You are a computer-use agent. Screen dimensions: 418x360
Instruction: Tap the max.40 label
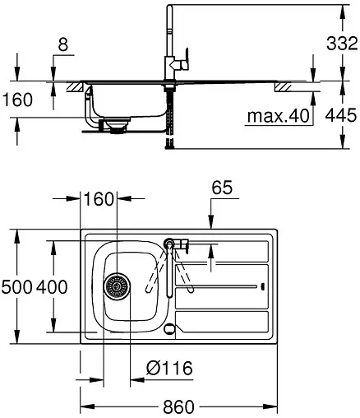pyautogui.click(x=279, y=117)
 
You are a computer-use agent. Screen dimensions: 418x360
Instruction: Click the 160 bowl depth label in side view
pyautogui.click(x=16, y=100)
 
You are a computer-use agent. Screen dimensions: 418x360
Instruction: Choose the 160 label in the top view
pyautogui.click(x=99, y=199)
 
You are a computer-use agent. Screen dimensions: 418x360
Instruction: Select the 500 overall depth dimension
pyautogui.click(x=16, y=287)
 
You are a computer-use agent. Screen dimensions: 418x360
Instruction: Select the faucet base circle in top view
pyautogui.click(x=170, y=244)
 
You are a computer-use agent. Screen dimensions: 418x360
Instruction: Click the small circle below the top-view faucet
pyautogui.click(x=169, y=329)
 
